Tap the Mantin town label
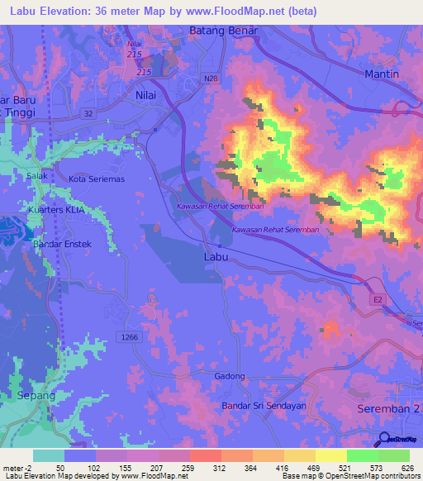381,74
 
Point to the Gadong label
231,376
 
